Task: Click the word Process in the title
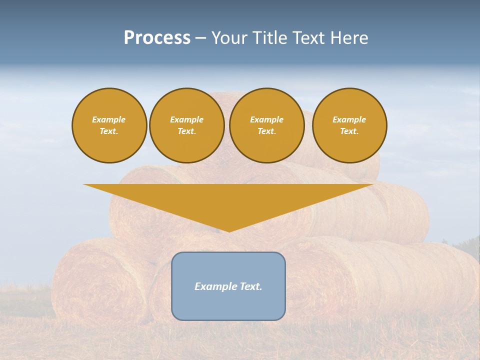click(x=157, y=37)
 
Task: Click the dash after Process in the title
click(x=201, y=38)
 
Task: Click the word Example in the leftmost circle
click(x=109, y=119)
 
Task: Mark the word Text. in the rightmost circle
click(x=349, y=131)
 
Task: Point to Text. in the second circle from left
click(x=186, y=131)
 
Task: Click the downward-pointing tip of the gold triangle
click(x=228, y=230)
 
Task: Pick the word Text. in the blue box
click(x=250, y=286)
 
